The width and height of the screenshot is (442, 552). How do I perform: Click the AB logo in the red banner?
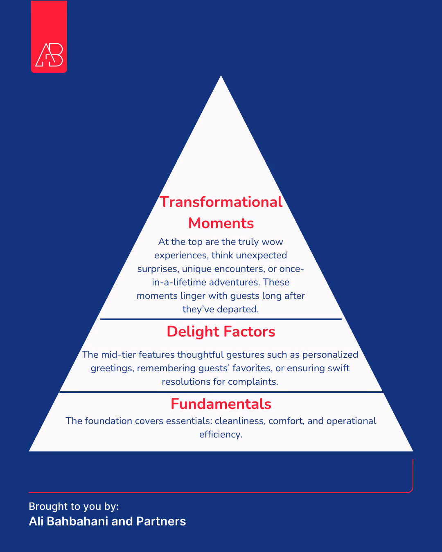[49, 55]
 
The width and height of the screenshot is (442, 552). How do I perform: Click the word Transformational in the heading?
[221, 202]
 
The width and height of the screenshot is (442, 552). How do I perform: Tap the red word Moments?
[221, 223]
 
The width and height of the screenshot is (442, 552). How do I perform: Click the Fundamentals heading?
[221, 404]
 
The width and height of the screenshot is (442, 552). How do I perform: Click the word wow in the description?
[272, 242]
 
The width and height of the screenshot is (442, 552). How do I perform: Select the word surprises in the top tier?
[158, 269]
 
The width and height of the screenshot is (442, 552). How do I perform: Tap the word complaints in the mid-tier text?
[253, 382]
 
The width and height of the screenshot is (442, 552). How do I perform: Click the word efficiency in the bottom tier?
[221, 435]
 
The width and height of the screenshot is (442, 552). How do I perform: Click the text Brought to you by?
[74, 507]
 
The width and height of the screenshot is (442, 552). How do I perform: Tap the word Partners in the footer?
[161, 521]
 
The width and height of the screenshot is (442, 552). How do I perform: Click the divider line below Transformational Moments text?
[221, 319]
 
